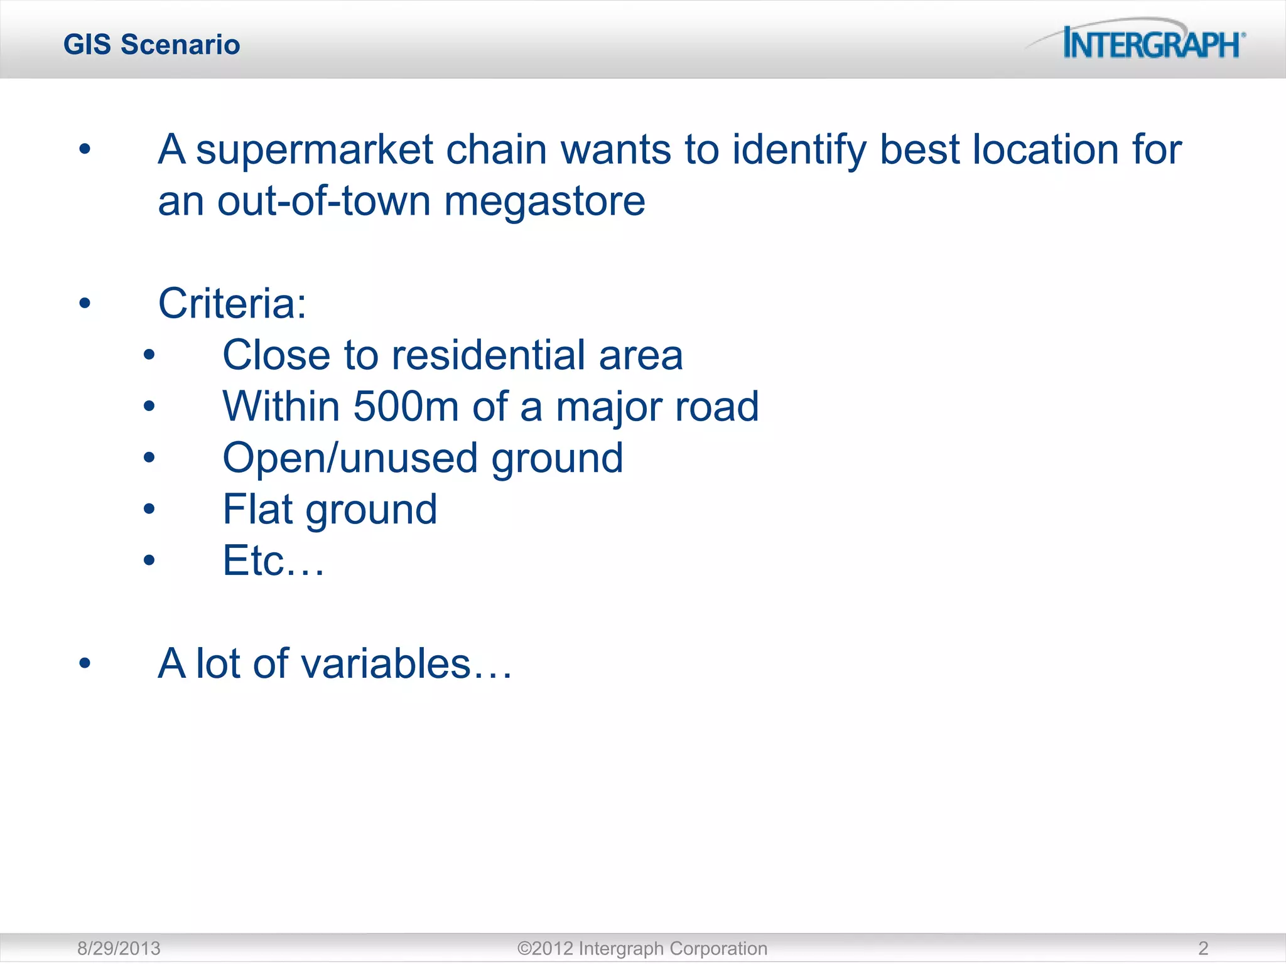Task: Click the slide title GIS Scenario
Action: [x=152, y=45]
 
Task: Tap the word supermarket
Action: [x=315, y=150]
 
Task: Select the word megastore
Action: [x=544, y=201]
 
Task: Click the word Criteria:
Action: [x=232, y=304]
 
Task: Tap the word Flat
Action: [x=258, y=509]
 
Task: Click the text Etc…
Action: [x=274, y=560]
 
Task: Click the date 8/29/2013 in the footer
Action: [x=119, y=948]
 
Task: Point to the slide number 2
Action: [x=1203, y=948]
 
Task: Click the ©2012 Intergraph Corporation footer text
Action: [x=642, y=948]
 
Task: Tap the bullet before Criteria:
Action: [x=85, y=304]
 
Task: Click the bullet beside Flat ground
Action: [x=149, y=509]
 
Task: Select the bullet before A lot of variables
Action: [x=85, y=663]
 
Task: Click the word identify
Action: [x=799, y=150]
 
